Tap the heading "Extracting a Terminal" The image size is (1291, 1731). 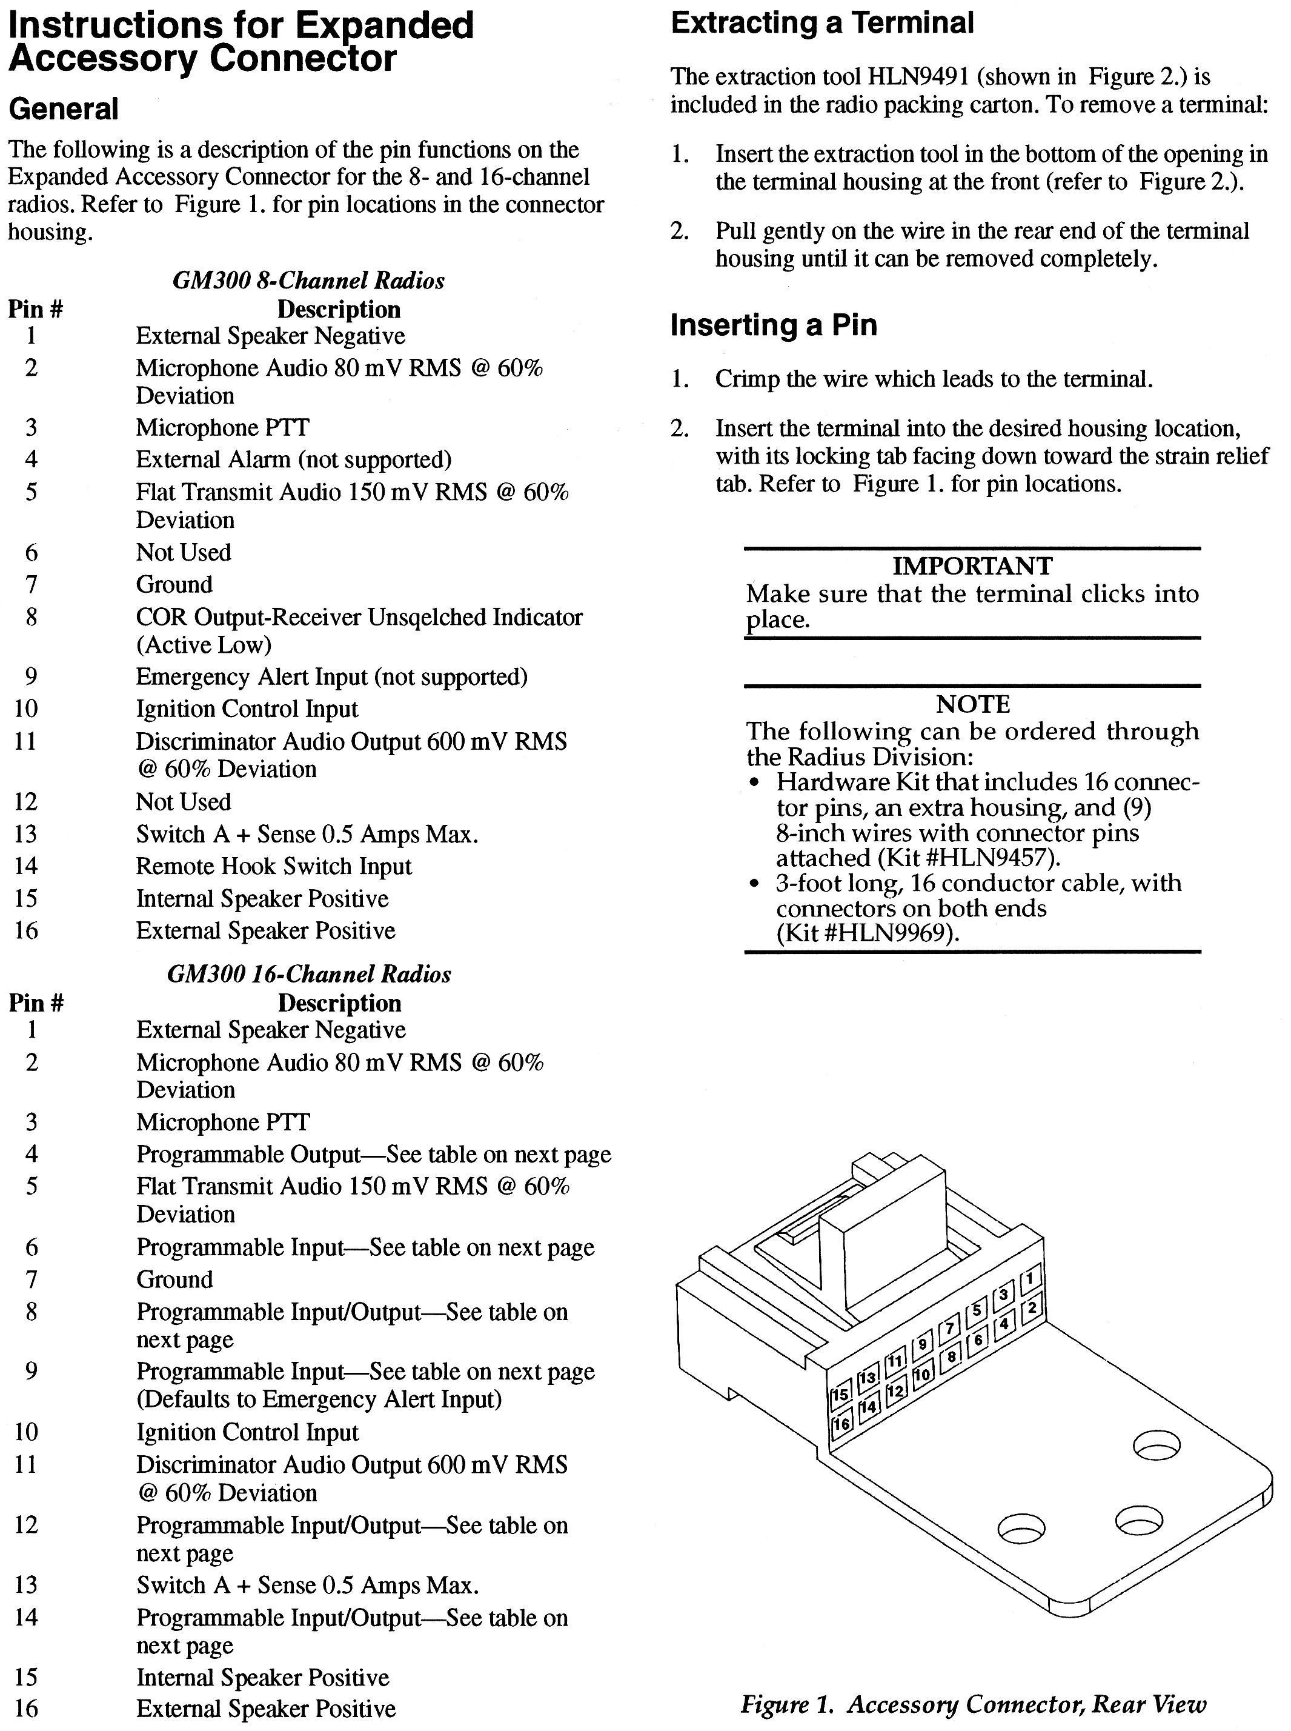pyautogui.click(x=822, y=24)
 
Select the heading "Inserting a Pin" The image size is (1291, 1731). pyautogui.click(x=774, y=324)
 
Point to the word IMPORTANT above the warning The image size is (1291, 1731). pyautogui.click(x=972, y=565)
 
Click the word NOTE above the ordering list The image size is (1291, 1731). pyautogui.click(x=973, y=704)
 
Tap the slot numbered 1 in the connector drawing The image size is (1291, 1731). pyautogui.click(x=1030, y=1278)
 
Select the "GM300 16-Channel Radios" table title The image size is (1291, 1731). pyautogui.click(x=309, y=974)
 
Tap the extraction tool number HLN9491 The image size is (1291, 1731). pyautogui.click(x=919, y=76)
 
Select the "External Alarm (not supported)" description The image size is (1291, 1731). pyautogui.click(x=294, y=460)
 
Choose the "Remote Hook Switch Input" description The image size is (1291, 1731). pyautogui.click(x=273, y=866)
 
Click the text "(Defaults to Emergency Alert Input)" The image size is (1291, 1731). pyautogui.click(x=319, y=1399)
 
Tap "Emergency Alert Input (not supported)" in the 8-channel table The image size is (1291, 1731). pyautogui.click(x=331, y=677)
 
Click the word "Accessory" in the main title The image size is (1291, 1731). pyautogui.click(x=102, y=59)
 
